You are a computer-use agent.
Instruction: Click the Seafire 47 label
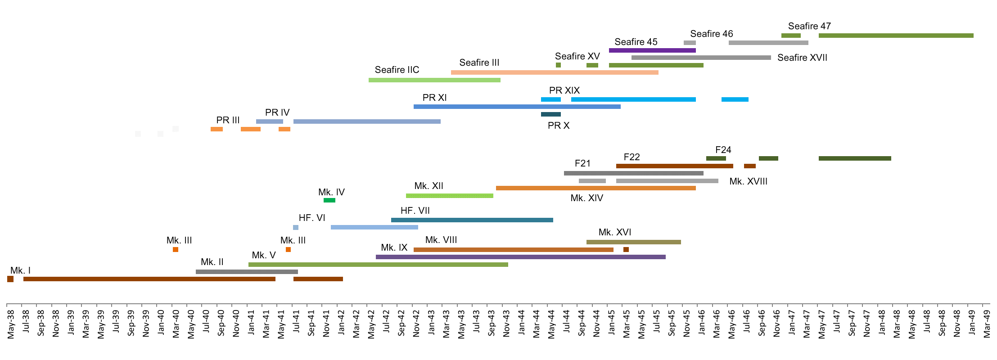tap(809, 26)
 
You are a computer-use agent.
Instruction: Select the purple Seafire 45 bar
tap(652, 50)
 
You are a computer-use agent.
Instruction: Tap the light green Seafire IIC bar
tap(434, 80)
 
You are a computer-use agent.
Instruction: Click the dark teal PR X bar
tap(550, 114)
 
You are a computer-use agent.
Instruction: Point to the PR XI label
tap(434, 98)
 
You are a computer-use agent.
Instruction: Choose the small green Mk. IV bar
tap(329, 200)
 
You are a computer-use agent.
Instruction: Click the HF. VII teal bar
tap(472, 220)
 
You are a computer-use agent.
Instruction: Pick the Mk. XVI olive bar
tap(633, 242)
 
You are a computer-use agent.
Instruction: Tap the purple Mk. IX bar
tap(520, 257)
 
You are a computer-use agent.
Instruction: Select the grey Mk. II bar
tap(247, 272)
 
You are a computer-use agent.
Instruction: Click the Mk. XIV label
tap(586, 198)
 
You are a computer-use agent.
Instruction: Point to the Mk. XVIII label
tap(748, 181)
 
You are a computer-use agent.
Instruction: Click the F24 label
tap(723, 150)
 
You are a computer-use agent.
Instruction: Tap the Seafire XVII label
tap(802, 58)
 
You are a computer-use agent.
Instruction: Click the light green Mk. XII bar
tap(449, 196)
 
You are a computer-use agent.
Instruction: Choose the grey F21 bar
tap(633, 173)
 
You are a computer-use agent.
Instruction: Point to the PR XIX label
tap(564, 90)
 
